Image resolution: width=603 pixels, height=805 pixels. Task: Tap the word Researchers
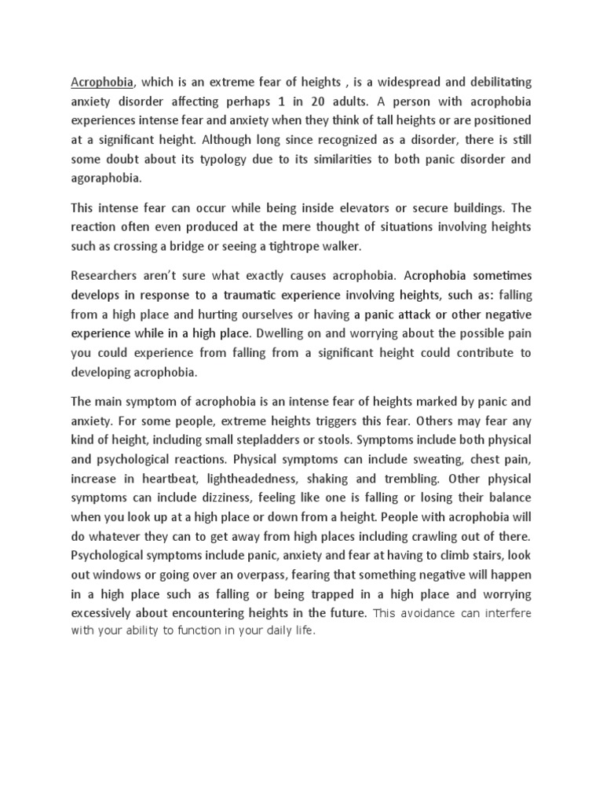[106, 276]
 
